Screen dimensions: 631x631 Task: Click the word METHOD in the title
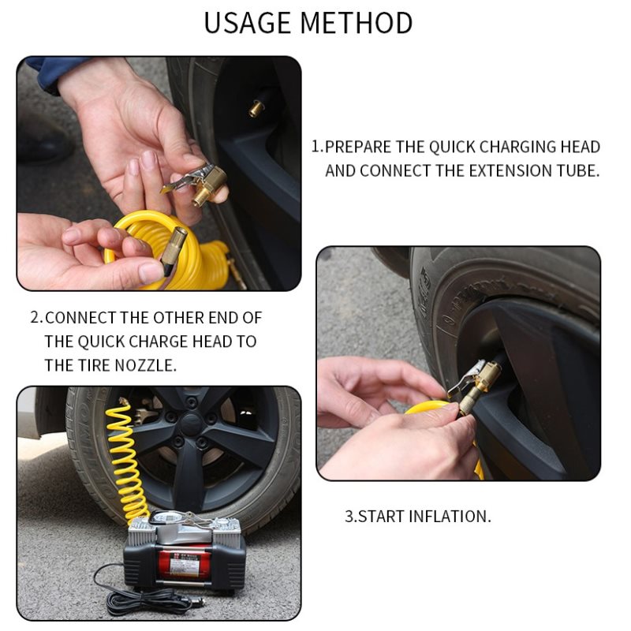(x=357, y=23)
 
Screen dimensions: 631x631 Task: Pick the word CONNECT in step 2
(x=80, y=318)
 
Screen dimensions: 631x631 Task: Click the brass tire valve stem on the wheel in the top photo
(x=256, y=108)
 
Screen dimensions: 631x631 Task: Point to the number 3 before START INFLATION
(x=349, y=517)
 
